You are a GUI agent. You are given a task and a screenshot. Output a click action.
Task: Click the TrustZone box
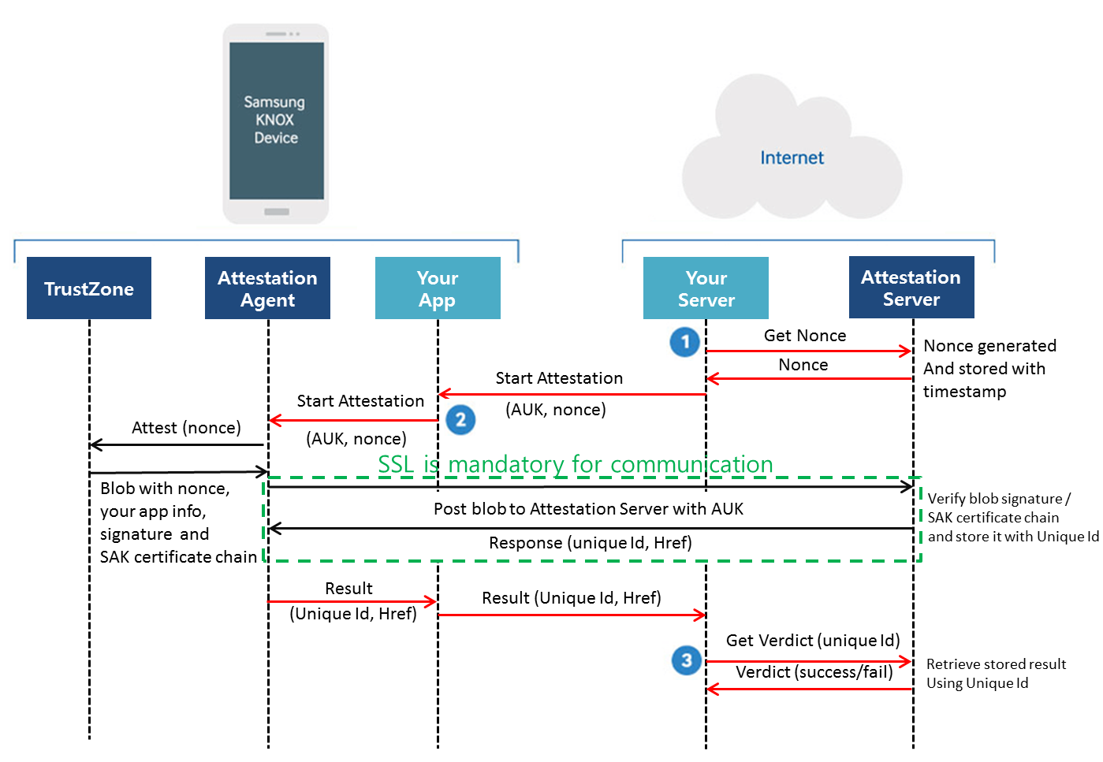89,288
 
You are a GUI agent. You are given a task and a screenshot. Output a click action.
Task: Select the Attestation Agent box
267,288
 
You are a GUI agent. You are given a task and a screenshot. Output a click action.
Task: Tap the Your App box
438,288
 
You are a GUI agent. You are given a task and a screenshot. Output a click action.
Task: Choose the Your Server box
706,288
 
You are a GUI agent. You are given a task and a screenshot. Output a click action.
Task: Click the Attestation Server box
911,288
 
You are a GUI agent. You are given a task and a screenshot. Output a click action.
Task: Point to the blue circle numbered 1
685,342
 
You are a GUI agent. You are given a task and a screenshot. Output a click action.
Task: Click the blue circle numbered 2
460,419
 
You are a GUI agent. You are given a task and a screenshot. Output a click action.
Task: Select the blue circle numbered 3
686,660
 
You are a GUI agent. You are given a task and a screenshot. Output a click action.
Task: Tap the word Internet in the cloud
792,158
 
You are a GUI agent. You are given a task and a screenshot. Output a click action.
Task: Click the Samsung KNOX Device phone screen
276,121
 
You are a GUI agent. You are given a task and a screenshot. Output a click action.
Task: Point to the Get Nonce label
805,336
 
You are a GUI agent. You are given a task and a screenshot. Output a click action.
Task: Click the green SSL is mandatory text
576,464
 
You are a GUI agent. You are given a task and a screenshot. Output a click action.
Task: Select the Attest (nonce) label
186,428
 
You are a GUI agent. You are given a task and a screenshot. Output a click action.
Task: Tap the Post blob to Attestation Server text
588,509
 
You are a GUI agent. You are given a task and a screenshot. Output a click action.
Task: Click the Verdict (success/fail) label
814,672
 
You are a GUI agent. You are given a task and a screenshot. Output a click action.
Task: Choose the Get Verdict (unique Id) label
813,641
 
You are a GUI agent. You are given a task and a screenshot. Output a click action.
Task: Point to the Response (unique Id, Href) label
590,543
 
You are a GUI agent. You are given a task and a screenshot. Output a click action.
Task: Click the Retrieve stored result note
995,674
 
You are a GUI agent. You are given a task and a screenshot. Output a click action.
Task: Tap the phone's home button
277,212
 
